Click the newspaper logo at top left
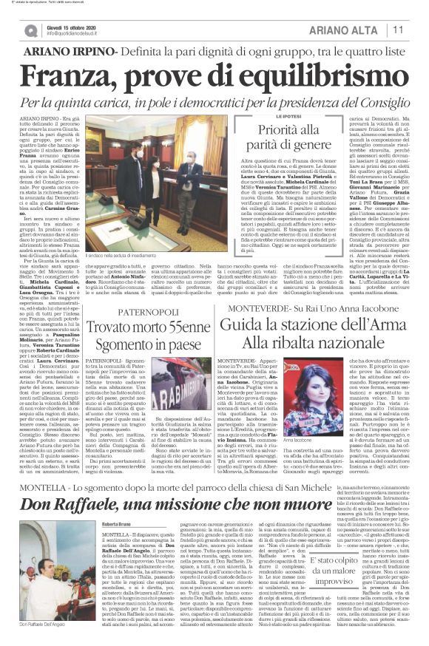30,30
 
